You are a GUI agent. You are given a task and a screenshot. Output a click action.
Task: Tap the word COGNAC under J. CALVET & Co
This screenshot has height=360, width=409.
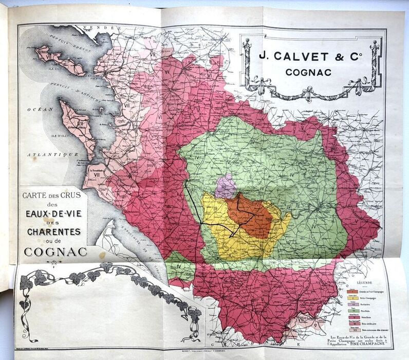pyautogui.click(x=310, y=72)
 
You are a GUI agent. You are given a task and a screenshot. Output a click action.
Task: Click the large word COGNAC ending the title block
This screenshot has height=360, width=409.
pyautogui.click(x=50, y=252)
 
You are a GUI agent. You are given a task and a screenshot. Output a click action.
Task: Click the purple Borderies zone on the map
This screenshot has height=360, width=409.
pyautogui.click(x=225, y=186)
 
